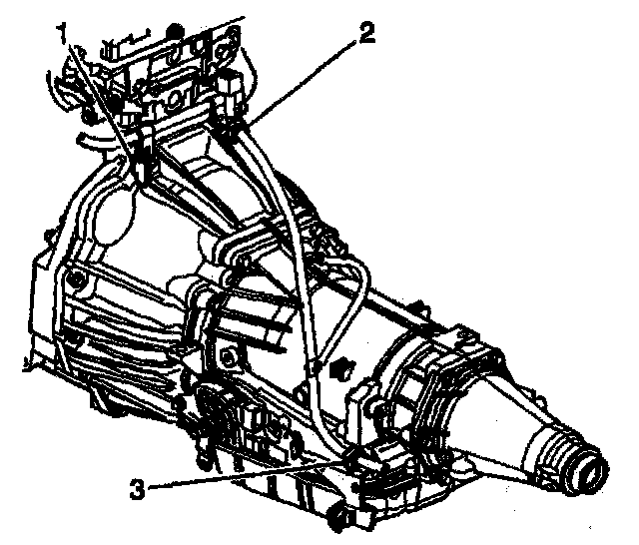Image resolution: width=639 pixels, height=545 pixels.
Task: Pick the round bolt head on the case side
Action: pos(232,356)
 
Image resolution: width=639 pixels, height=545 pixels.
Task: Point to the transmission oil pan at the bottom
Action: pos(290,494)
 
